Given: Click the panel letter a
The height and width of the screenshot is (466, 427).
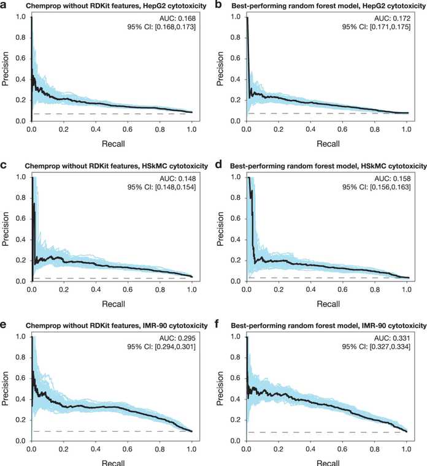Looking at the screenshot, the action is [x=4, y=5].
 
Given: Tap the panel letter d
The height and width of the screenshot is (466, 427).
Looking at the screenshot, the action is [x=218, y=164].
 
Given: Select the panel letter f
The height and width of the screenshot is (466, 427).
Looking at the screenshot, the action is [x=218, y=324].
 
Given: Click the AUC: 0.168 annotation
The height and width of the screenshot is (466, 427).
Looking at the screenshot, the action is [x=177, y=18].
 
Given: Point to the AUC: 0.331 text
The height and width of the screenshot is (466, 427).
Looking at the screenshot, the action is [x=392, y=338].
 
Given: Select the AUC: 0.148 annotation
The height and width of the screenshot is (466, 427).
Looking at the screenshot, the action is [x=178, y=178].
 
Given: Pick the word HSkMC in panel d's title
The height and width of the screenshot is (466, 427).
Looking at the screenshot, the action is [x=373, y=166].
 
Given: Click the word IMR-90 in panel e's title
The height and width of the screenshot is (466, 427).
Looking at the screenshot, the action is [x=155, y=326].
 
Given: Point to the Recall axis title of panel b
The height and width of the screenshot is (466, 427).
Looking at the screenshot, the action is [x=328, y=144].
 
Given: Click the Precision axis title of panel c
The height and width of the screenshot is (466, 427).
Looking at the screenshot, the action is [x=5, y=229].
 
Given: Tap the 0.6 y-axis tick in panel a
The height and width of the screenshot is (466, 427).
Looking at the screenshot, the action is [x=20, y=58].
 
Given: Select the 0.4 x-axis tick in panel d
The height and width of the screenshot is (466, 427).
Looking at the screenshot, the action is [x=310, y=289].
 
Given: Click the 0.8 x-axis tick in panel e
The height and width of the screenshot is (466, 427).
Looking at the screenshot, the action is [x=160, y=449].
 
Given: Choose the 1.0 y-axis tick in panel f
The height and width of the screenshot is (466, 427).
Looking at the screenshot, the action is [x=236, y=337].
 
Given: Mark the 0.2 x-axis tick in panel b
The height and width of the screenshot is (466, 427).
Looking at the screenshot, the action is [x=279, y=129].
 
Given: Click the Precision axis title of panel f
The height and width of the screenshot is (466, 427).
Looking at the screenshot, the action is [x=220, y=388].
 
